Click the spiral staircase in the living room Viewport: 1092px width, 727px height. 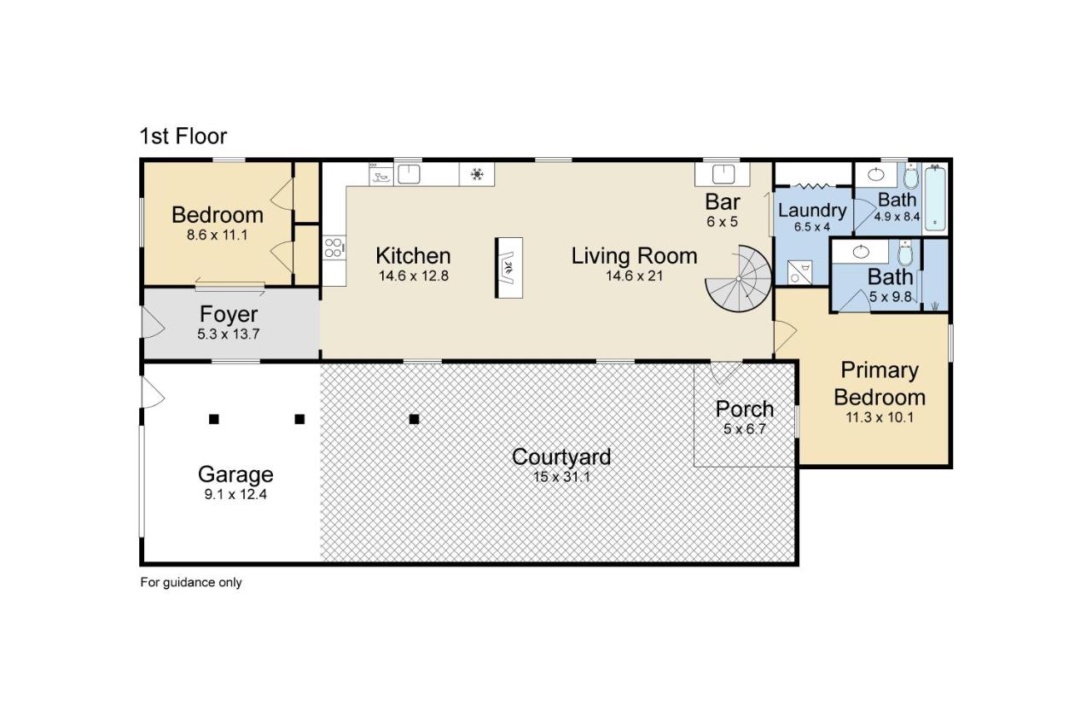pos(739,279)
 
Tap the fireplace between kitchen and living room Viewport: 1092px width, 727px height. pos(509,268)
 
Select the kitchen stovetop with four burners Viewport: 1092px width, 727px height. pos(334,247)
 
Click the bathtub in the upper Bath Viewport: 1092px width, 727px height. pos(935,198)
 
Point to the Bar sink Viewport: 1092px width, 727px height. pos(723,173)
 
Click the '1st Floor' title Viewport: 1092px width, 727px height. pos(183,136)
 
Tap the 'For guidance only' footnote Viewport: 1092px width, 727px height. pos(190,582)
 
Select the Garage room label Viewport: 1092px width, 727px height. pos(235,474)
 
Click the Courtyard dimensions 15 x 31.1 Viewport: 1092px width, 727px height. pos(561,476)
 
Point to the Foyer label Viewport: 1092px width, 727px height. pos(229,314)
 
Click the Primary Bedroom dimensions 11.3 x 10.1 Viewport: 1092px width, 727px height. pos(880,417)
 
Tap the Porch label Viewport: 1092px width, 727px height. pos(745,409)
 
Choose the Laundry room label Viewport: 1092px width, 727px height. pos(812,210)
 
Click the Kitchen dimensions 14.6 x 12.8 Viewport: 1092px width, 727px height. pos(414,276)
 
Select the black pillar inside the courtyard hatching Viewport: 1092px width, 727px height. pos(414,419)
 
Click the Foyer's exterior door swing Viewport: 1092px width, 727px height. pos(153,322)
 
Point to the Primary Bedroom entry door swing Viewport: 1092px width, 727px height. pos(785,336)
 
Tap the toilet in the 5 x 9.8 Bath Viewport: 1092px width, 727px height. pos(905,253)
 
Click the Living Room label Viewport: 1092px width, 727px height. pos(634,256)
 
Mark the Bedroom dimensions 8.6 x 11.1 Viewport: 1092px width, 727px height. pos(218,235)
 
